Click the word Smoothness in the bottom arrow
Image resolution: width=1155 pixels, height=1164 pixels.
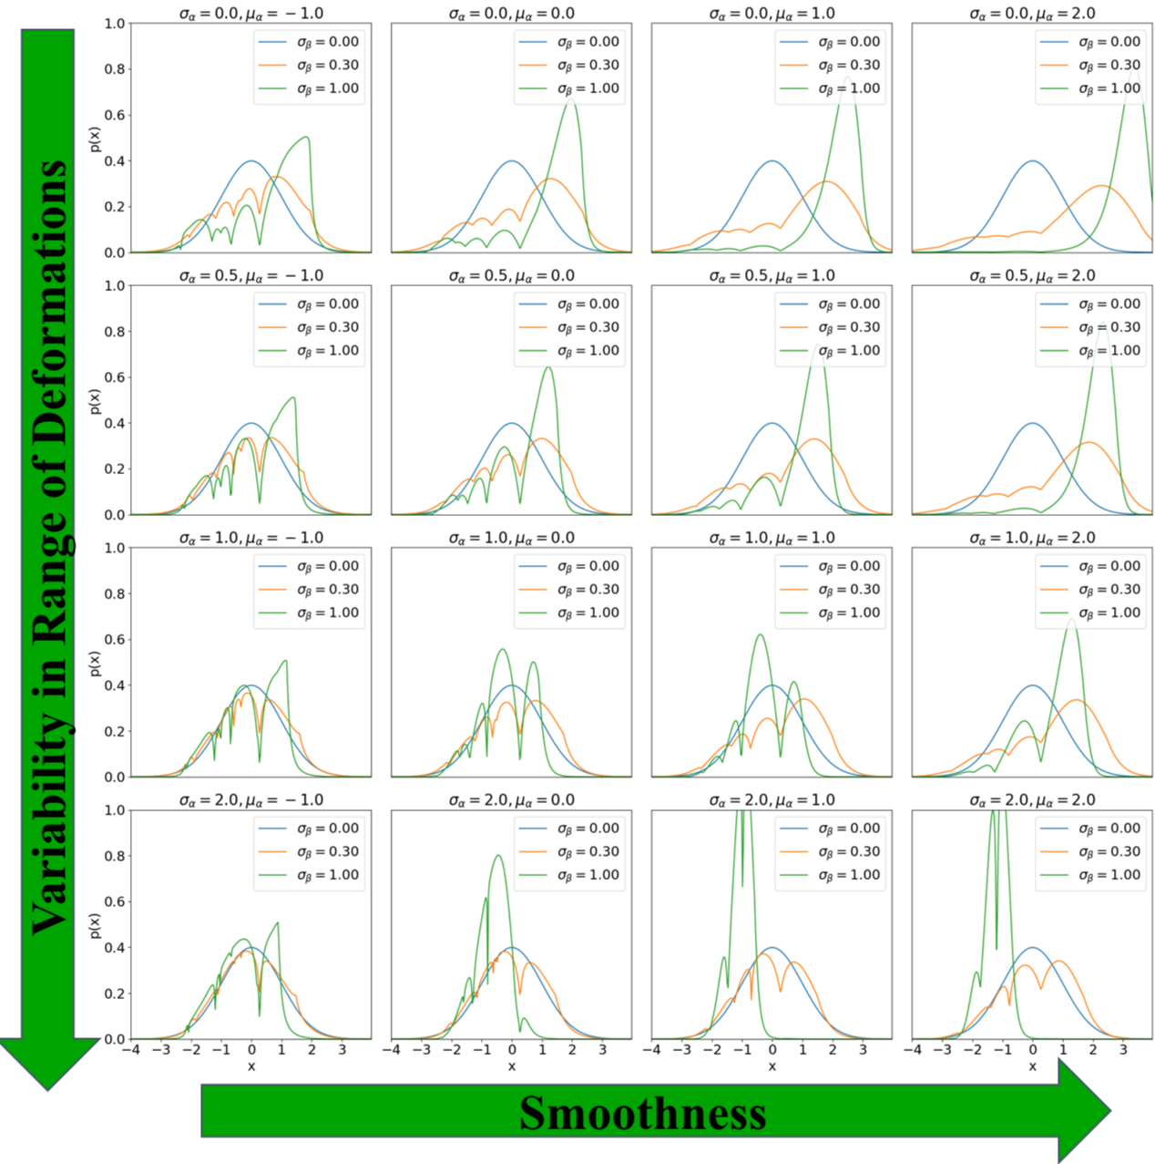click(x=642, y=1114)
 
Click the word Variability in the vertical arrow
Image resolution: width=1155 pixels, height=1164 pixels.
click(x=50, y=825)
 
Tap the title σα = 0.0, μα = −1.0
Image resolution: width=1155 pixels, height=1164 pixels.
click(x=250, y=14)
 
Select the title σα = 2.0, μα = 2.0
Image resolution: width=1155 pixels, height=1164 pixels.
click(x=1032, y=800)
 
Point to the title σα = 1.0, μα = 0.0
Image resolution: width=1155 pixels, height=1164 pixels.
click(x=511, y=538)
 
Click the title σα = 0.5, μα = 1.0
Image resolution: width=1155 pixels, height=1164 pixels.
click(x=772, y=275)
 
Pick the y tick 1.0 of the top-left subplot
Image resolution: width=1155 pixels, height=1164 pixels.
click(x=115, y=24)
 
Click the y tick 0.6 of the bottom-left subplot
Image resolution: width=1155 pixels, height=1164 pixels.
click(x=115, y=901)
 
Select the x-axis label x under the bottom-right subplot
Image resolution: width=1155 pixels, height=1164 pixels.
click(x=1032, y=1066)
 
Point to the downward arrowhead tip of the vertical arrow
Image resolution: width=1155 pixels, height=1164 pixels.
click(x=47, y=1088)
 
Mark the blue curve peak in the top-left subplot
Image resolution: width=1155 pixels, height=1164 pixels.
click(x=251, y=161)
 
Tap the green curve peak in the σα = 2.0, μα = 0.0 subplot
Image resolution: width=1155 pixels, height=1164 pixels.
click(x=497, y=855)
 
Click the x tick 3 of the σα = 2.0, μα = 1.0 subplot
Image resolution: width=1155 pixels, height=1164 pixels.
click(x=863, y=1050)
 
